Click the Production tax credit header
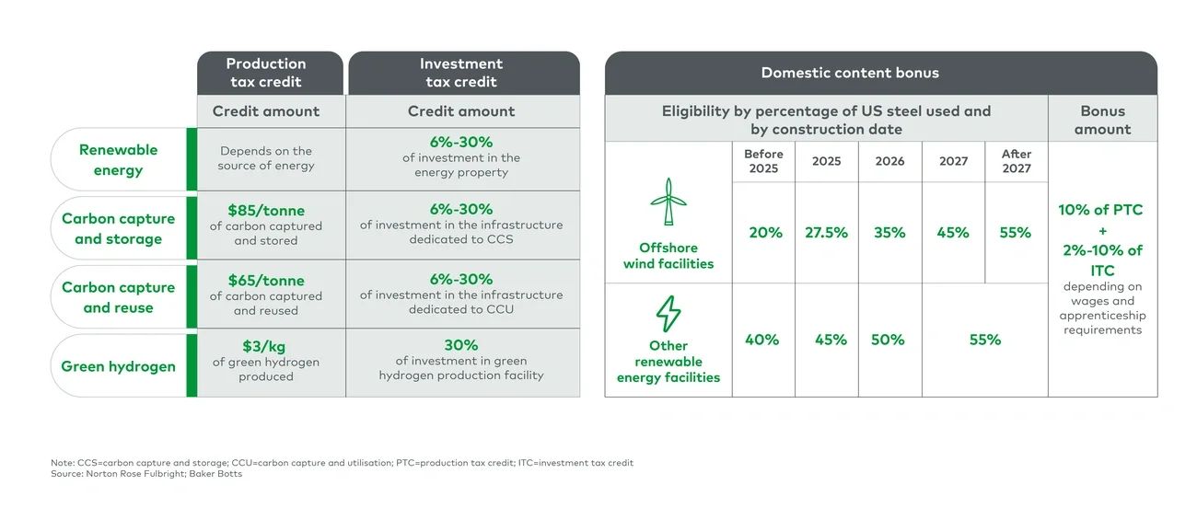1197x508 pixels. pos(266,73)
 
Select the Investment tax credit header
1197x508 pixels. pos(461,73)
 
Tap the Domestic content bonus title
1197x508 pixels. pos(850,73)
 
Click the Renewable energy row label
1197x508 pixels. pos(118,159)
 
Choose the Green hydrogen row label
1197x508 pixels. pos(118,366)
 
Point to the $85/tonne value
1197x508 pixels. pos(266,210)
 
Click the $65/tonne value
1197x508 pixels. pos(266,281)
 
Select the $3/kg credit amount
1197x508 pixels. pos(266,346)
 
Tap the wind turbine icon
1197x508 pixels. pos(668,202)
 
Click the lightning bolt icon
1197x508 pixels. pos(668,314)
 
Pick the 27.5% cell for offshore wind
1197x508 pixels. pos(826,233)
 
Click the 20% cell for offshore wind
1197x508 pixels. pos(765,233)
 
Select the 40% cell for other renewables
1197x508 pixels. pos(761,340)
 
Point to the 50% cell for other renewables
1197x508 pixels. pos(888,340)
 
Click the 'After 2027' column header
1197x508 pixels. pos(1016,161)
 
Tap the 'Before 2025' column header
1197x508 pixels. pos(763,161)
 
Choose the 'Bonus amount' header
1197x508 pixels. pos(1102,120)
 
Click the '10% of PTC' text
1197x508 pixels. pos(1100,210)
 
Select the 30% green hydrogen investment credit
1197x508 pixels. pos(461,345)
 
